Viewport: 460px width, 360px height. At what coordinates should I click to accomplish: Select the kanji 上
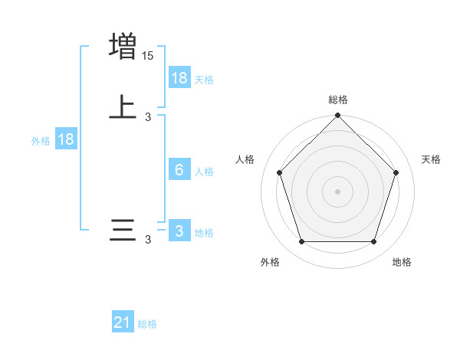point(123,107)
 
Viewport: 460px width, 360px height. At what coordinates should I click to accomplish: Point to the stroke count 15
point(147,56)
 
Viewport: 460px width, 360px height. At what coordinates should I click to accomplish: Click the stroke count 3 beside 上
point(148,117)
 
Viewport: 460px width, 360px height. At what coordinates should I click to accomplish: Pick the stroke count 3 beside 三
point(148,240)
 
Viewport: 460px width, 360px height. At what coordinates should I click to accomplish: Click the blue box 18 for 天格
point(179,77)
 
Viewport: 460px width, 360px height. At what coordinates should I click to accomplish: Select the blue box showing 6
point(179,170)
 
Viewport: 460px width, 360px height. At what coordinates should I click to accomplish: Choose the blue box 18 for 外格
point(66,139)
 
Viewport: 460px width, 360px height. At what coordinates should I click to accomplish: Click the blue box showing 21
point(123,322)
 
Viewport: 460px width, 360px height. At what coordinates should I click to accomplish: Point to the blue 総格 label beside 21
point(147,324)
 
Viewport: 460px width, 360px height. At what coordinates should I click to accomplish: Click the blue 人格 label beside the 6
point(204,172)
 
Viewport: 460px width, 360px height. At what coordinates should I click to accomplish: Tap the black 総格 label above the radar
point(338,100)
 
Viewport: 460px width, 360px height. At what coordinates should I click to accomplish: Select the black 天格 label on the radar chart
point(432,159)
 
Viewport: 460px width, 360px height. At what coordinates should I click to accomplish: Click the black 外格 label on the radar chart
point(270,262)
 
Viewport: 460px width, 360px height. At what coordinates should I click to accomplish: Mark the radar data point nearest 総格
point(338,117)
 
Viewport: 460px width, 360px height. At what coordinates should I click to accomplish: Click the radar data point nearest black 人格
point(279,172)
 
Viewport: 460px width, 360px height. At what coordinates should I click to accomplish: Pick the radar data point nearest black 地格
point(373,242)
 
